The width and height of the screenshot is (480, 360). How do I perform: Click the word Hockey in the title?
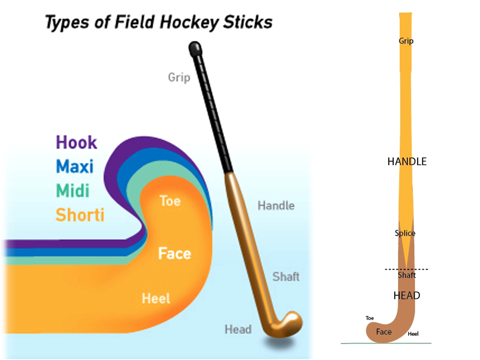(x=189, y=22)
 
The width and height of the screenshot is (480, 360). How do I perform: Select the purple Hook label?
(x=76, y=142)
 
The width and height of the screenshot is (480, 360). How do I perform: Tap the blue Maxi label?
(x=75, y=166)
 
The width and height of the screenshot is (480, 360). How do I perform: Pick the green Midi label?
(x=73, y=190)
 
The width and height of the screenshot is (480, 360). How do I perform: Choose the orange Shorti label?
(x=80, y=215)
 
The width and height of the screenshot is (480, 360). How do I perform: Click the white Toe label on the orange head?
(x=170, y=201)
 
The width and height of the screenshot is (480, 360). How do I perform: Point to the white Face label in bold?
(x=174, y=253)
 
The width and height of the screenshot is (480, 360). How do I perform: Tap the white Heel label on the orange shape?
(x=156, y=298)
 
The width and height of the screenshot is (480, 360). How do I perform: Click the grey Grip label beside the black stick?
(x=179, y=78)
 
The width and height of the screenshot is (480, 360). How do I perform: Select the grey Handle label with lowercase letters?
(x=276, y=206)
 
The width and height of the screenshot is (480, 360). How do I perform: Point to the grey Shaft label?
(x=286, y=276)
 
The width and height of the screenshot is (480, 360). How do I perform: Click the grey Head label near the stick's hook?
(x=238, y=329)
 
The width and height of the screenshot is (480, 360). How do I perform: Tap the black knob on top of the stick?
(x=195, y=48)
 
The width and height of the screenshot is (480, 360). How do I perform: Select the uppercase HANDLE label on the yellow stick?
(x=407, y=162)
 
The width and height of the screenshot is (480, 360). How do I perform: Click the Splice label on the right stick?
(x=405, y=233)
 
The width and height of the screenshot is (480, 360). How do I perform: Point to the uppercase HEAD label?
(x=407, y=296)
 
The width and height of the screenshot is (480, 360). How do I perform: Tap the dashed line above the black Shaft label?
(x=406, y=269)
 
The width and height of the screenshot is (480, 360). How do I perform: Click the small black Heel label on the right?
(x=413, y=334)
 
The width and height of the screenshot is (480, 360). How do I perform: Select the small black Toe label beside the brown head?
(x=370, y=318)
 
